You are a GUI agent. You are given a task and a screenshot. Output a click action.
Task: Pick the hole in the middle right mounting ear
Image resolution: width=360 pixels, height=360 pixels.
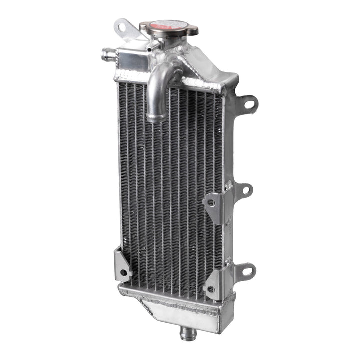click(245, 190)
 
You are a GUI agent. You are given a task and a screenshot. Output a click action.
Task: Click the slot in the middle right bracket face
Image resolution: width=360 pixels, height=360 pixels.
click(211, 202)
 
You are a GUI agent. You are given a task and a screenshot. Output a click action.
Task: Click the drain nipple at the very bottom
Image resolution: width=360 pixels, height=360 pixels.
click(190, 331)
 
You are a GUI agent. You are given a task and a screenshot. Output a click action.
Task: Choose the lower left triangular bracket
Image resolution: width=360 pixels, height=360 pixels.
click(122, 265)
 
